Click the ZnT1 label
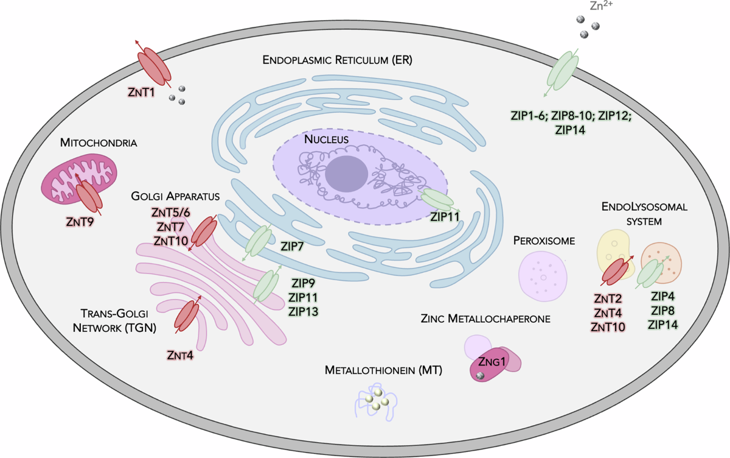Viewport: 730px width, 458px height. point(141,93)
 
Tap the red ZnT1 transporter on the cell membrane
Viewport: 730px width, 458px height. point(154,67)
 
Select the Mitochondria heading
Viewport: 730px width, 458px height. point(99,143)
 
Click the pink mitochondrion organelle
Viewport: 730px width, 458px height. point(79,179)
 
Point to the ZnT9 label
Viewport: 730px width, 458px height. point(80,222)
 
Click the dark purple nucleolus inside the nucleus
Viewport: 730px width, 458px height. point(346,174)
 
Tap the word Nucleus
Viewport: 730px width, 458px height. point(326,139)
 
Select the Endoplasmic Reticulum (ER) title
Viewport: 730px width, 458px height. point(337,60)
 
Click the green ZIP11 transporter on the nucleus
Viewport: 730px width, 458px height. point(437,200)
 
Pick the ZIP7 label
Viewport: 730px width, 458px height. point(292,246)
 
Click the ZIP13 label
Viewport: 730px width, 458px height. point(303,312)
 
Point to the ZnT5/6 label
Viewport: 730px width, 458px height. point(170,213)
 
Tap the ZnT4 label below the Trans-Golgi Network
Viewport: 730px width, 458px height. point(180,355)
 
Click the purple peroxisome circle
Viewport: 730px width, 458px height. point(543,276)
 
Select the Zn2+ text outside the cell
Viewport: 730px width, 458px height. point(601,5)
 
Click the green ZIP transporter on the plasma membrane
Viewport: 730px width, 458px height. point(563,71)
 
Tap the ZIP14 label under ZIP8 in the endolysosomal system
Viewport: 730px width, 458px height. point(662,325)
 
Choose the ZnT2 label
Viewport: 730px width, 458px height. point(608,298)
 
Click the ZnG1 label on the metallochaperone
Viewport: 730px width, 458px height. point(492,361)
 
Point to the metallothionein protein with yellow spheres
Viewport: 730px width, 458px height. point(376,401)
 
